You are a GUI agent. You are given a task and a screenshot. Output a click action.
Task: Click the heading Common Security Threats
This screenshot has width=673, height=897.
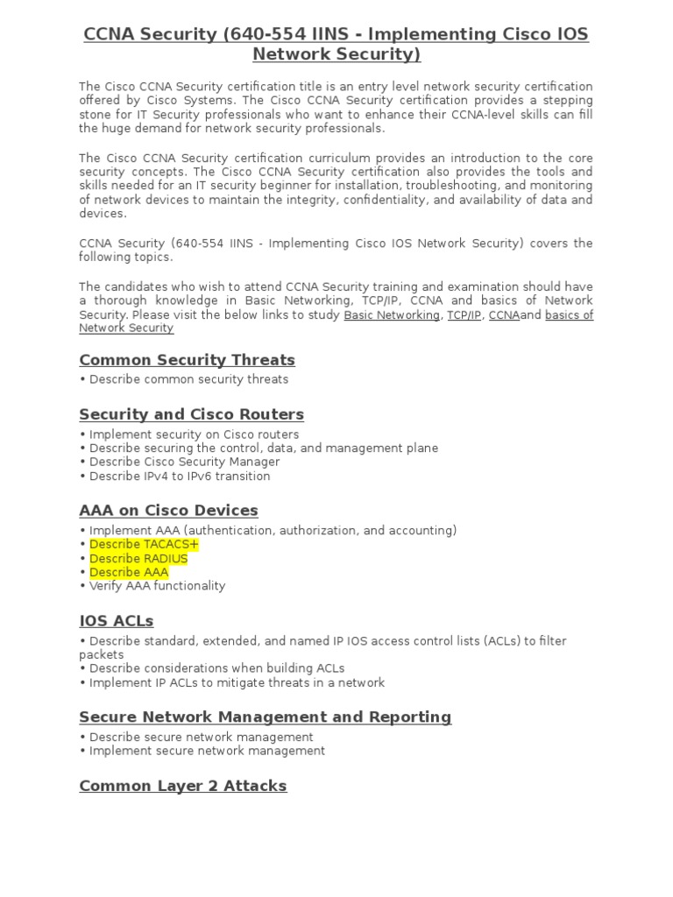point(187,360)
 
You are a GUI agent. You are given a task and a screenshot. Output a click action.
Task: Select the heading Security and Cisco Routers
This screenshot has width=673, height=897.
point(191,414)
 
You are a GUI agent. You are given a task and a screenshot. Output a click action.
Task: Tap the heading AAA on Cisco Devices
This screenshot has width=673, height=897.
point(168,510)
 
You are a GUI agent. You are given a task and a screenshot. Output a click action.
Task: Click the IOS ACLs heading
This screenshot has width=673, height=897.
point(116,621)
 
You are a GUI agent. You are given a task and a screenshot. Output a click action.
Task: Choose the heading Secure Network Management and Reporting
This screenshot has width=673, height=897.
point(265,717)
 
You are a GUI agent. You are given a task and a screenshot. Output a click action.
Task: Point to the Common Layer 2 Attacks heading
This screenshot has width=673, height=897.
point(182,786)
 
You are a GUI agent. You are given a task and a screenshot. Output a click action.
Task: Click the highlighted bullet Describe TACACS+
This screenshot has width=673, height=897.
point(144,545)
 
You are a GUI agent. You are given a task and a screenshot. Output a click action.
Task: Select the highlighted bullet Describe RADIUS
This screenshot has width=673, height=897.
point(138,559)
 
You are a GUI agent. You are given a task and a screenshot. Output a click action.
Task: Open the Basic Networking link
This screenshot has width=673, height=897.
point(392,315)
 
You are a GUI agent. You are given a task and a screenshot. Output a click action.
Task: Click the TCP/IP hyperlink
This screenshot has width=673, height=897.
point(464,315)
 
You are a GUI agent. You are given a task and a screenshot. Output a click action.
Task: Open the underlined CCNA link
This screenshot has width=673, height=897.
point(504,315)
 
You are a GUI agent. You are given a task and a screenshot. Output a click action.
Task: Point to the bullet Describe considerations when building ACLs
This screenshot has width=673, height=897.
point(216,668)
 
